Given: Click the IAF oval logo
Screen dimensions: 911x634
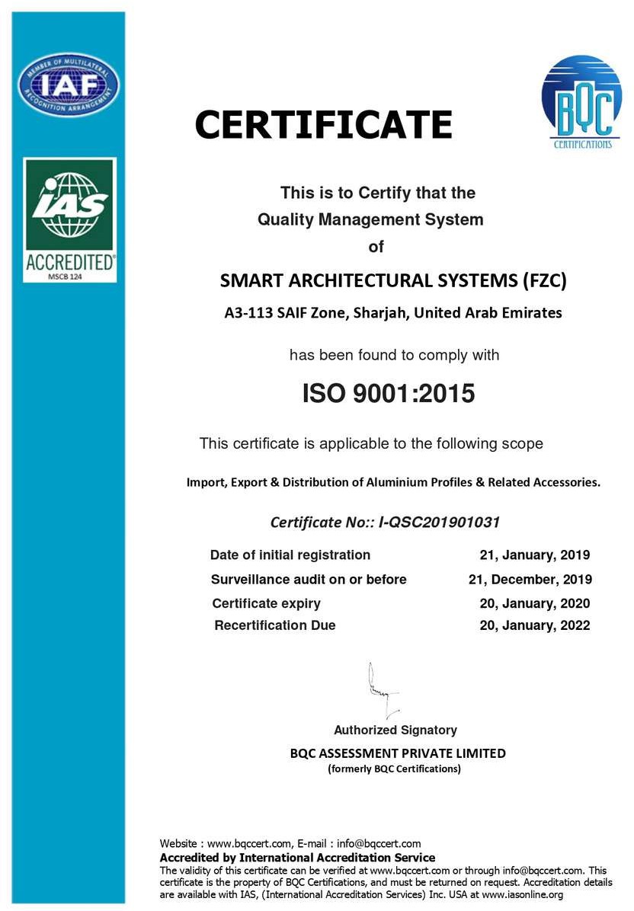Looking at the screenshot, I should (69, 85).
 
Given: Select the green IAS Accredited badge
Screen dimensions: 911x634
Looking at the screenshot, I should (69, 219).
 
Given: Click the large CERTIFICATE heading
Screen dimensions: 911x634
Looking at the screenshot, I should (323, 125).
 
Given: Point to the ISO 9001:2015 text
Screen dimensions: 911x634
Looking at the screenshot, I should (389, 393).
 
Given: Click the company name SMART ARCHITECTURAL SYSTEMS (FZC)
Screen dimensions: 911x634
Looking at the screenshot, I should (393, 280).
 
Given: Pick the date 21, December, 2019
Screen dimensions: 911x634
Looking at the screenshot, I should (530, 580).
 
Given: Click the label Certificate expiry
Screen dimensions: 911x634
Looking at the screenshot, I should (266, 604).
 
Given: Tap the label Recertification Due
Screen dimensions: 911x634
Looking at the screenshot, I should (275, 626).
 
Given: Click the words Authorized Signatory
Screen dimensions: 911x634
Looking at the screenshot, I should (395, 730).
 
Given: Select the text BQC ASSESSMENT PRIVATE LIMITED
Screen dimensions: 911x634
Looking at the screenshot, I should (398, 753).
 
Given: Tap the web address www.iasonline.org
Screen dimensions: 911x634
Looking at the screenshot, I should (523, 895).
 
